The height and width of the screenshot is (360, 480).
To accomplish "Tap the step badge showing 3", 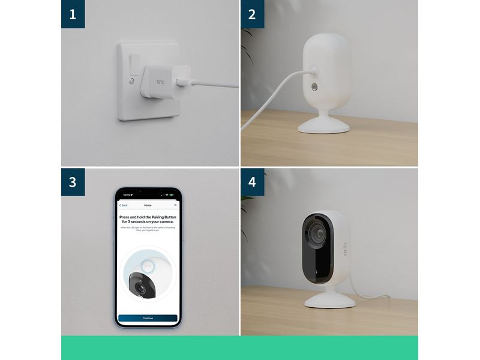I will click(x=73, y=182).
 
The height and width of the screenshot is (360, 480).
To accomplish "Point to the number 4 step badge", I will click(x=252, y=182).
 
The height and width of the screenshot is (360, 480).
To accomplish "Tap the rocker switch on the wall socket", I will click(x=135, y=64).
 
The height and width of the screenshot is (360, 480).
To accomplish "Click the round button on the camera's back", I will click(x=314, y=88).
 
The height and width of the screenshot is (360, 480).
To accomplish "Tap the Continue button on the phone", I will click(x=148, y=317).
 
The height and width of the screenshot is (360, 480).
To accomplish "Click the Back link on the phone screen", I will click(x=124, y=205).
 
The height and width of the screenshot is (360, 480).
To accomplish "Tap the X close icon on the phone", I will click(x=175, y=205).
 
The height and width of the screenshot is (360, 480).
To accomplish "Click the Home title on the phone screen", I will click(x=148, y=205).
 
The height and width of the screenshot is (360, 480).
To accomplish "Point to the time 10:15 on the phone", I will click(x=127, y=194).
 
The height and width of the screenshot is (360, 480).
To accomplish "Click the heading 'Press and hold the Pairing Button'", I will click(x=148, y=219).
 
